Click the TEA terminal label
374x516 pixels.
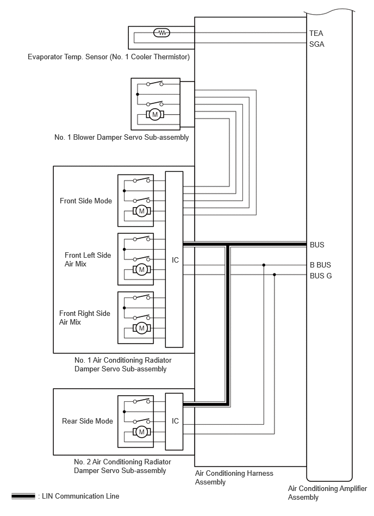316,33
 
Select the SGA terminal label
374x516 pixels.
317,44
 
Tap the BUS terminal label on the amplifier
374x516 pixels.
317,245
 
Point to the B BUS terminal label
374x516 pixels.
320,265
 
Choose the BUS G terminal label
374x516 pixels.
321,276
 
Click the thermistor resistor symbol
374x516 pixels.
162,33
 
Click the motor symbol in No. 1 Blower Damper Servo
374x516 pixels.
154,115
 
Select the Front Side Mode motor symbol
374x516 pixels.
142,211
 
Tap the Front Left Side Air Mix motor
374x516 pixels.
142,270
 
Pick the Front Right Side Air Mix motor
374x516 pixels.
142,328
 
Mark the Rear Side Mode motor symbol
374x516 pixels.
142,432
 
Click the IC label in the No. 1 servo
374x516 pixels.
175,260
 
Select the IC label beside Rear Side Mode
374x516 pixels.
175,421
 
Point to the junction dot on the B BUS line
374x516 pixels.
264,265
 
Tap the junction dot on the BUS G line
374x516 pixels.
275,275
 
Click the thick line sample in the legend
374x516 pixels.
23,496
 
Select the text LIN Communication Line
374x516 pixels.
80,496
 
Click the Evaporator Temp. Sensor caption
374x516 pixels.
109,57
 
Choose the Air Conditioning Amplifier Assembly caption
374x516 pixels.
327,493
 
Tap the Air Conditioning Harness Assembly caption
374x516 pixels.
234,477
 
